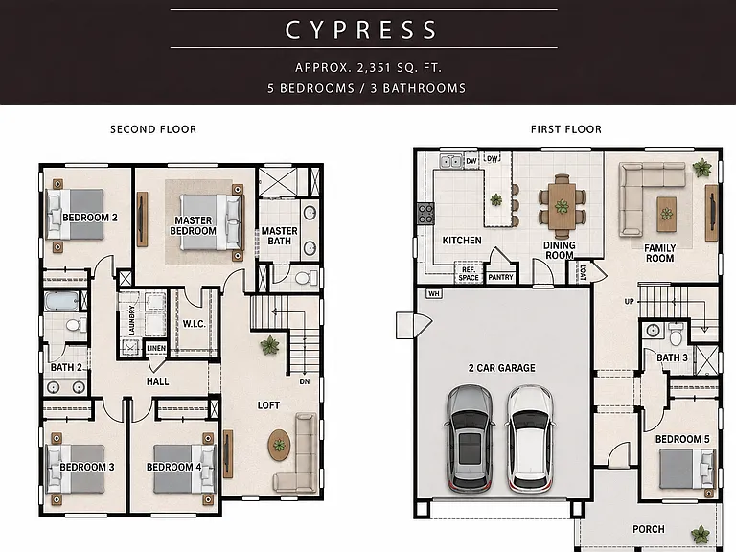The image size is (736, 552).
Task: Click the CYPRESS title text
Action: pyautogui.click(x=361, y=30)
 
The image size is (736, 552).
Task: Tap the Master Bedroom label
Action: pyautogui.click(x=193, y=226)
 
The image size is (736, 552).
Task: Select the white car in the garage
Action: pyautogui.click(x=530, y=439)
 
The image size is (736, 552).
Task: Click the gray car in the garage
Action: pyautogui.click(x=470, y=439)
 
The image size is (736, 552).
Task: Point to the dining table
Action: pyautogui.click(x=562, y=206)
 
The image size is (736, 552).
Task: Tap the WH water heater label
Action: pyautogui.click(x=434, y=294)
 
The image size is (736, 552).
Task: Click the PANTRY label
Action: pyautogui.click(x=500, y=277)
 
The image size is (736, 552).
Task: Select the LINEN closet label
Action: pyautogui.click(x=156, y=348)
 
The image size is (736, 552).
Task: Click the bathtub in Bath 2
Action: pyautogui.click(x=61, y=301)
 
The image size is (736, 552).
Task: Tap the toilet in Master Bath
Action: pyautogui.click(x=306, y=278)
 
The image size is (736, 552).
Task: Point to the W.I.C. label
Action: pyautogui.click(x=194, y=324)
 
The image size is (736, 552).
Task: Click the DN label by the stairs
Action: pyautogui.click(x=305, y=381)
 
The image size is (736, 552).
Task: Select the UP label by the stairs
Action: pyautogui.click(x=629, y=301)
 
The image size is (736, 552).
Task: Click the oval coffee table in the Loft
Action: pyautogui.click(x=279, y=445)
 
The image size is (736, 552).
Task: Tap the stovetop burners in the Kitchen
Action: pyautogui.click(x=425, y=214)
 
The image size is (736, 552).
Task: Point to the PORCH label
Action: pyautogui.click(x=648, y=529)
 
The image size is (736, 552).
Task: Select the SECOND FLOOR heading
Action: pyautogui.click(x=153, y=129)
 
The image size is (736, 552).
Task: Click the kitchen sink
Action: pyautogui.click(x=450, y=161)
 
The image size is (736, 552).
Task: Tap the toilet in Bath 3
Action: pyautogui.click(x=676, y=335)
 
